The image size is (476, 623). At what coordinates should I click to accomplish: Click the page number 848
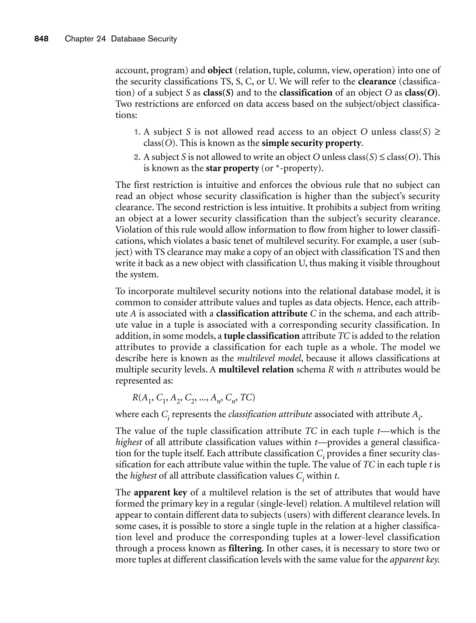coord(41,39)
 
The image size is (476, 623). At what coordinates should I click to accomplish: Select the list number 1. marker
coord(137,132)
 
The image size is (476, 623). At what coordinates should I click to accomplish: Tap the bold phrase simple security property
coord(312,143)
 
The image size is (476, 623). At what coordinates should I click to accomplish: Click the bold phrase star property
coord(232,168)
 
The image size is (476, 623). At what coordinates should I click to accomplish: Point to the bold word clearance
coord(377,81)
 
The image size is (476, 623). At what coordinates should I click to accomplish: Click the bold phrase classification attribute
coord(262,314)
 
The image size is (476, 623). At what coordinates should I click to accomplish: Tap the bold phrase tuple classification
coord(261,336)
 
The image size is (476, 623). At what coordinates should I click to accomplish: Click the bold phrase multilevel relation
coord(256,370)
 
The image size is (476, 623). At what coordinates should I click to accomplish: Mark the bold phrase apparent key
coord(160,493)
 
